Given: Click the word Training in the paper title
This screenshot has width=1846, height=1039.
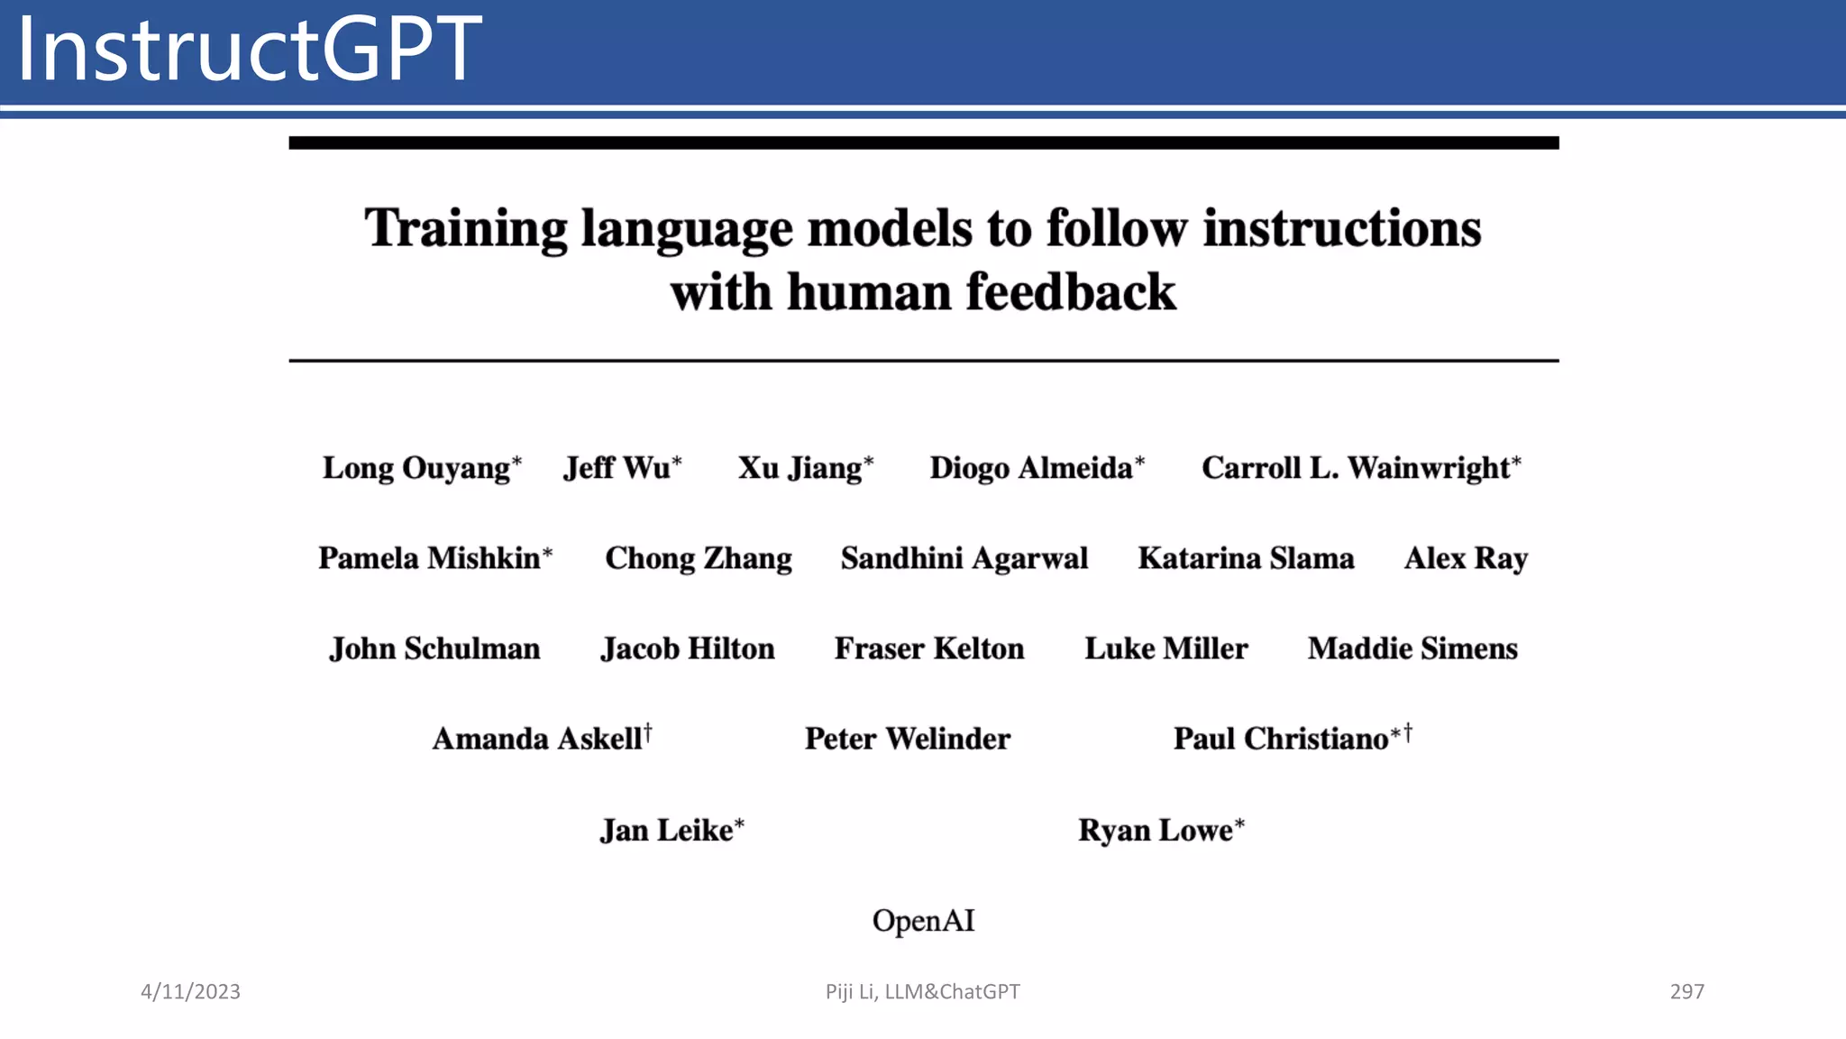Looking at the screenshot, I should (x=465, y=229).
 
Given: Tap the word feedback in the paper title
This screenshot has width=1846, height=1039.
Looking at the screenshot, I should (x=1071, y=292).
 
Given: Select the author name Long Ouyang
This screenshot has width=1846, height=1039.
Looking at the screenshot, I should (x=416, y=468).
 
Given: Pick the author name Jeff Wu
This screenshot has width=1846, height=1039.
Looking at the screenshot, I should (x=617, y=468).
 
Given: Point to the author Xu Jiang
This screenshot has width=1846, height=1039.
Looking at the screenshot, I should (x=800, y=468).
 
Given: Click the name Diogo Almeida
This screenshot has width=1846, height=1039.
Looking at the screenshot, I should (x=1031, y=468).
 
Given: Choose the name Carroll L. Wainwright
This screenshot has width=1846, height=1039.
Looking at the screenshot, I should (x=1356, y=468).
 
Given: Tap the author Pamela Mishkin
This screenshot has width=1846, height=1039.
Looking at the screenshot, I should (x=429, y=558).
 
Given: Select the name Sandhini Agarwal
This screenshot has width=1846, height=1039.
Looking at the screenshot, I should (x=964, y=558).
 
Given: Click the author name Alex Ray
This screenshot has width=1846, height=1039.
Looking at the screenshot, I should (x=1466, y=558).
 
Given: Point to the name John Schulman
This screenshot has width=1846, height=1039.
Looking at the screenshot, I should (x=434, y=648).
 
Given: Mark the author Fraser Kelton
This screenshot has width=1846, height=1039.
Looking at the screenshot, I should (x=929, y=648).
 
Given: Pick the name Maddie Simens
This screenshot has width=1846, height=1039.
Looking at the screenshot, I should (x=1412, y=648).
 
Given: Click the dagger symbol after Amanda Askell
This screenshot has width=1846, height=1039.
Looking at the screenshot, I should (x=647, y=733).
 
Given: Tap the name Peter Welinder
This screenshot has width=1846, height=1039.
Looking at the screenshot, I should (x=908, y=739).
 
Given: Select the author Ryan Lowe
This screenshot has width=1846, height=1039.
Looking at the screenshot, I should (x=1156, y=830).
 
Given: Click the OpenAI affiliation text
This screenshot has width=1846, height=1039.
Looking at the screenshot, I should (x=923, y=921).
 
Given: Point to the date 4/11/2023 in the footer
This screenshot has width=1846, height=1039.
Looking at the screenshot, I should (x=190, y=991).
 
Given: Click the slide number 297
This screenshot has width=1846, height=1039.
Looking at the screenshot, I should (x=1686, y=991).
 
